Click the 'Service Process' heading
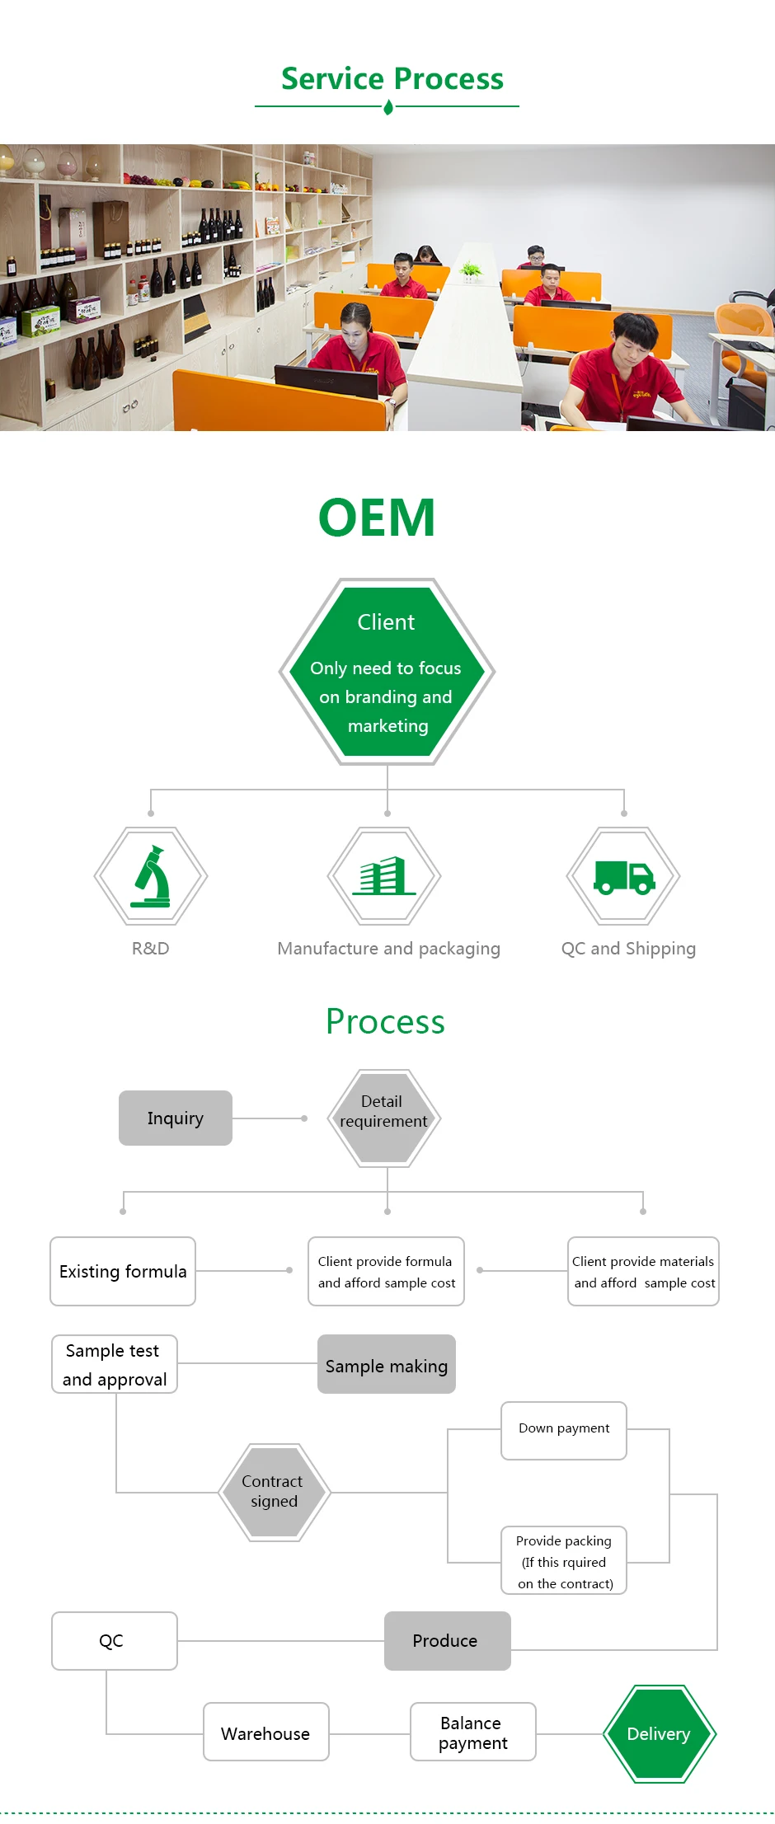pyautogui.click(x=392, y=79)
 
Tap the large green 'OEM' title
pyautogui.click(x=377, y=518)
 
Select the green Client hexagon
pyautogui.click(x=387, y=672)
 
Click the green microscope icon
pyautogui.click(x=152, y=876)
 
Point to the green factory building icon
pyautogui.click(x=383, y=876)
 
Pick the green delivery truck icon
pyautogui.click(x=624, y=878)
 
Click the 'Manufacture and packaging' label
pyautogui.click(x=388, y=949)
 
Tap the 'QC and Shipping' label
pyautogui.click(x=628, y=949)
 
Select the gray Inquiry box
pyautogui.click(x=176, y=1118)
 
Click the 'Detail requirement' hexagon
pyautogui.click(x=384, y=1118)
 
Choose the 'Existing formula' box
pyautogui.click(x=123, y=1271)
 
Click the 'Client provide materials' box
pyautogui.click(x=643, y=1271)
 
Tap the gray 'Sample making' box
pyautogui.click(x=387, y=1364)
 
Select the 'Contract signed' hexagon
pyautogui.click(x=275, y=1492)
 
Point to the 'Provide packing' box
pyautogui.click(x=564, y=1561)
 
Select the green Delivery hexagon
pyautogui.click(x=660, y=1734)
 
